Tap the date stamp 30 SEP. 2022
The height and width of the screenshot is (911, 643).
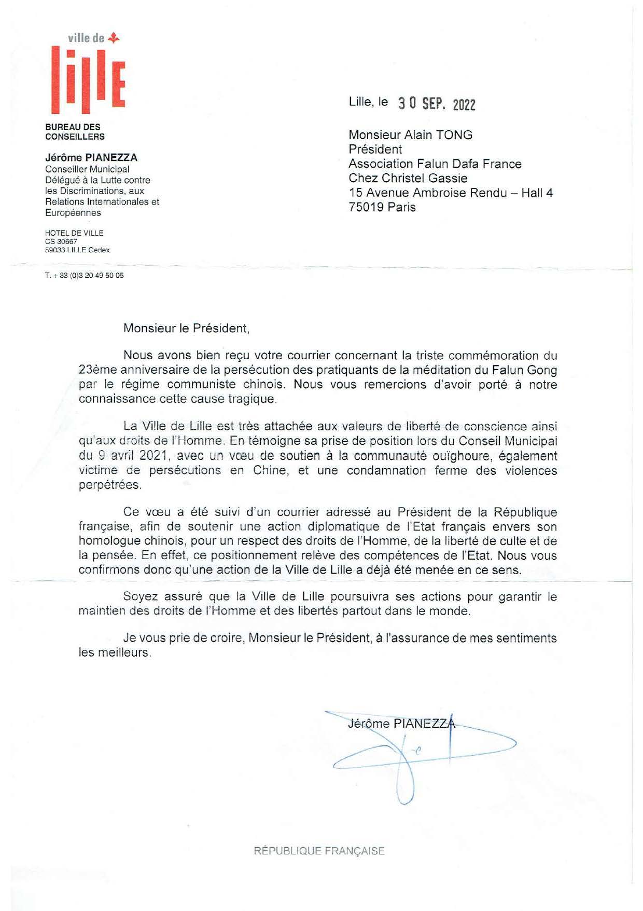tap(437, 104)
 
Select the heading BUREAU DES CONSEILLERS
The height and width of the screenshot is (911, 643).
tap(75, 132)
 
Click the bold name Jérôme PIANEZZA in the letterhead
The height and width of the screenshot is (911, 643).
tap(91, 157)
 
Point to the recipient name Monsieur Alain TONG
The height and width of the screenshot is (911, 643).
tap(410, 135)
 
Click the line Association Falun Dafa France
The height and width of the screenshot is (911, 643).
tap(435, 164)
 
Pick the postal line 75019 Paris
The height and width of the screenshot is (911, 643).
tap(382, 207)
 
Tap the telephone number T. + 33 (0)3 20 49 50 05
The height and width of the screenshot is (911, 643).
tap(84, 276)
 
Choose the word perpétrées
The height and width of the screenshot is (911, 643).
tap(109, 485)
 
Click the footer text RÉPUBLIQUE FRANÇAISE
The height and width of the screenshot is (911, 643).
tap(319, 851)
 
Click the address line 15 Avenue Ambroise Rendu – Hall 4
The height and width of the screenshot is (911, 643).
tap(450, 193)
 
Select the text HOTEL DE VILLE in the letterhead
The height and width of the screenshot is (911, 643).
tap(74, 233)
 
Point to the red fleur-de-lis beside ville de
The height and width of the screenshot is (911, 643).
tap(115, 37)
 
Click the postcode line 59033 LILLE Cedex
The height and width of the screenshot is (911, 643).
tap(77, 250)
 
